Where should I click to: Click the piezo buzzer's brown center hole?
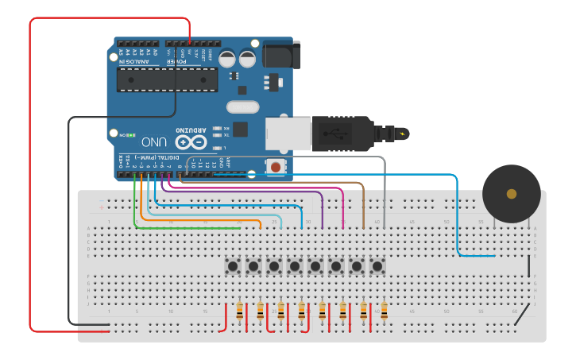pyautogui.click(x=512, y=194)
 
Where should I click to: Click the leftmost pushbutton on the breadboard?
pyautogui.click(x=234, y=265)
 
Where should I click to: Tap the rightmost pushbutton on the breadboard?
pyautogui.click(x=377, y=265)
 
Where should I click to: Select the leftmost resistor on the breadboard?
pyautogui.click(x=240, y=311)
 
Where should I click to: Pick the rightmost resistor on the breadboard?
pyautogui.click(x=384, y=311)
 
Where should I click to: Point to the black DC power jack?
pyautogui.click(x=276, y=55)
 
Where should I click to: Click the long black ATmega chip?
pyautogui.click(x=167, y=79)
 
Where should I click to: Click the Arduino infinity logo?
pyautogui.click(x=191, y=142)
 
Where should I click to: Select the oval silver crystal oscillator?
pyautogui.click(x=242, y=107)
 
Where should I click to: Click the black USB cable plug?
pyautogui.click(x=342, y=133)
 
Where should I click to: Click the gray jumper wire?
pyautogui.click(x=385, y=191)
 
